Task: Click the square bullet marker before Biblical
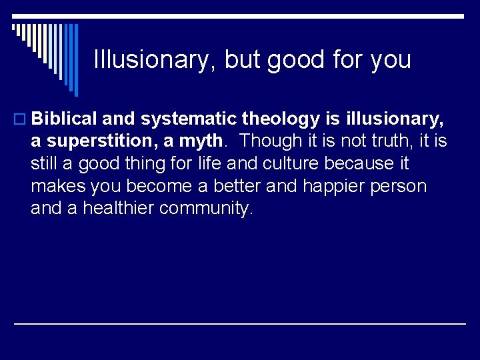point(21,120)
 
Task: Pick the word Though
point(265,141)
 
